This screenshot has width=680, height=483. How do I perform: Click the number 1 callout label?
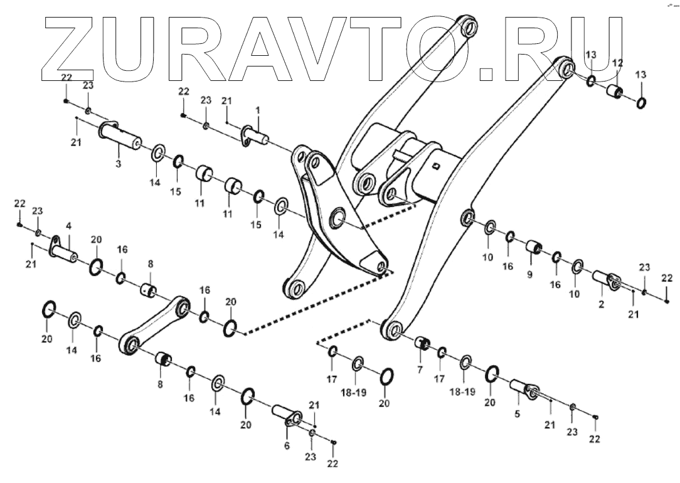257,110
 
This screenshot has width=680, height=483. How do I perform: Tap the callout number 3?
119,164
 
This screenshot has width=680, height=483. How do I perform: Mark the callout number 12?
617,63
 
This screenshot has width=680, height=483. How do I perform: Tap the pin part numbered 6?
286,416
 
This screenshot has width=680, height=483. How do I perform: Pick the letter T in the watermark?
412,47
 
